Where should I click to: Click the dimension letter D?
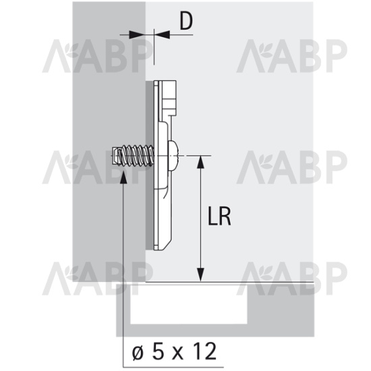click(186, 22)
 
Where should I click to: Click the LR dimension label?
click(219, 216)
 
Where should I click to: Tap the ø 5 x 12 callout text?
click(174, 351)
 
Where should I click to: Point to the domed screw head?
click(173, 156)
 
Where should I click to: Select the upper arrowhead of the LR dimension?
click(200, 162)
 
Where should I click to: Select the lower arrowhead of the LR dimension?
click(200, 275)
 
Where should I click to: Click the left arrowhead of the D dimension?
click(137, 34)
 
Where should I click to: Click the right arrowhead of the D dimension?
click(162, 34)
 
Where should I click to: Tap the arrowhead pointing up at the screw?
click(123, 177)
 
